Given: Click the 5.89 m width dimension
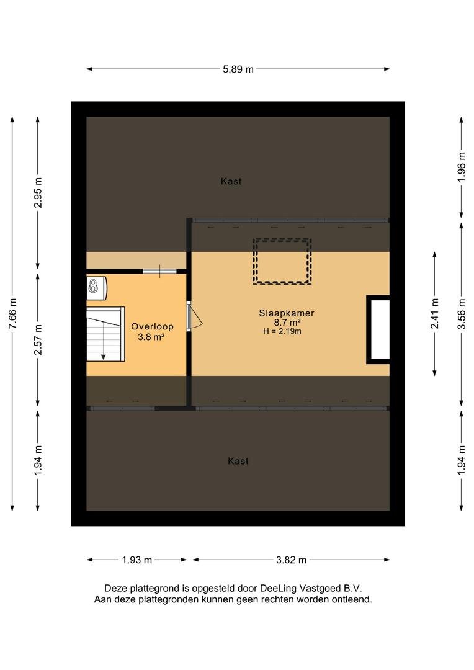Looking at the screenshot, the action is click(x=238, y=69).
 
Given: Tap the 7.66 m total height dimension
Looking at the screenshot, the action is click(x=13, y=314).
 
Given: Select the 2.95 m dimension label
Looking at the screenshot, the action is click(x=38, y=192).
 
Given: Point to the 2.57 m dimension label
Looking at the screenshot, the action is click(x=38, y=339).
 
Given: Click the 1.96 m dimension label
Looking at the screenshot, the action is click(x=461, y=167).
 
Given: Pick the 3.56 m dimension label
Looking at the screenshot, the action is click(x=461, y=314).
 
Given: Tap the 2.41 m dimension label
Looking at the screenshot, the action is click(x=435, y=314).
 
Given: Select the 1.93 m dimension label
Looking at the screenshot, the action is click(x=136, y=560).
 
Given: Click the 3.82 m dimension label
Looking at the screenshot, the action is click(x=291, y=560).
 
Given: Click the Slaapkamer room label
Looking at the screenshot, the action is click(x=287, y=313).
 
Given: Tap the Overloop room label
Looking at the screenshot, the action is click(x=152, y=326).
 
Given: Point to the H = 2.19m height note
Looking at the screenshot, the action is click(x=282, y=331).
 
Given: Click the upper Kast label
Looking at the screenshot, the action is click(x=231, y=181).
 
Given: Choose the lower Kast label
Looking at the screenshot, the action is click(x=238, y=461).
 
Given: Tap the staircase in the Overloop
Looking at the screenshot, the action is click(x=105, y=334).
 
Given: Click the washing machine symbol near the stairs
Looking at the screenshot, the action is click(x=97, y=287).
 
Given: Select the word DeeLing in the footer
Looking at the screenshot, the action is click(x=278, y=588).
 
